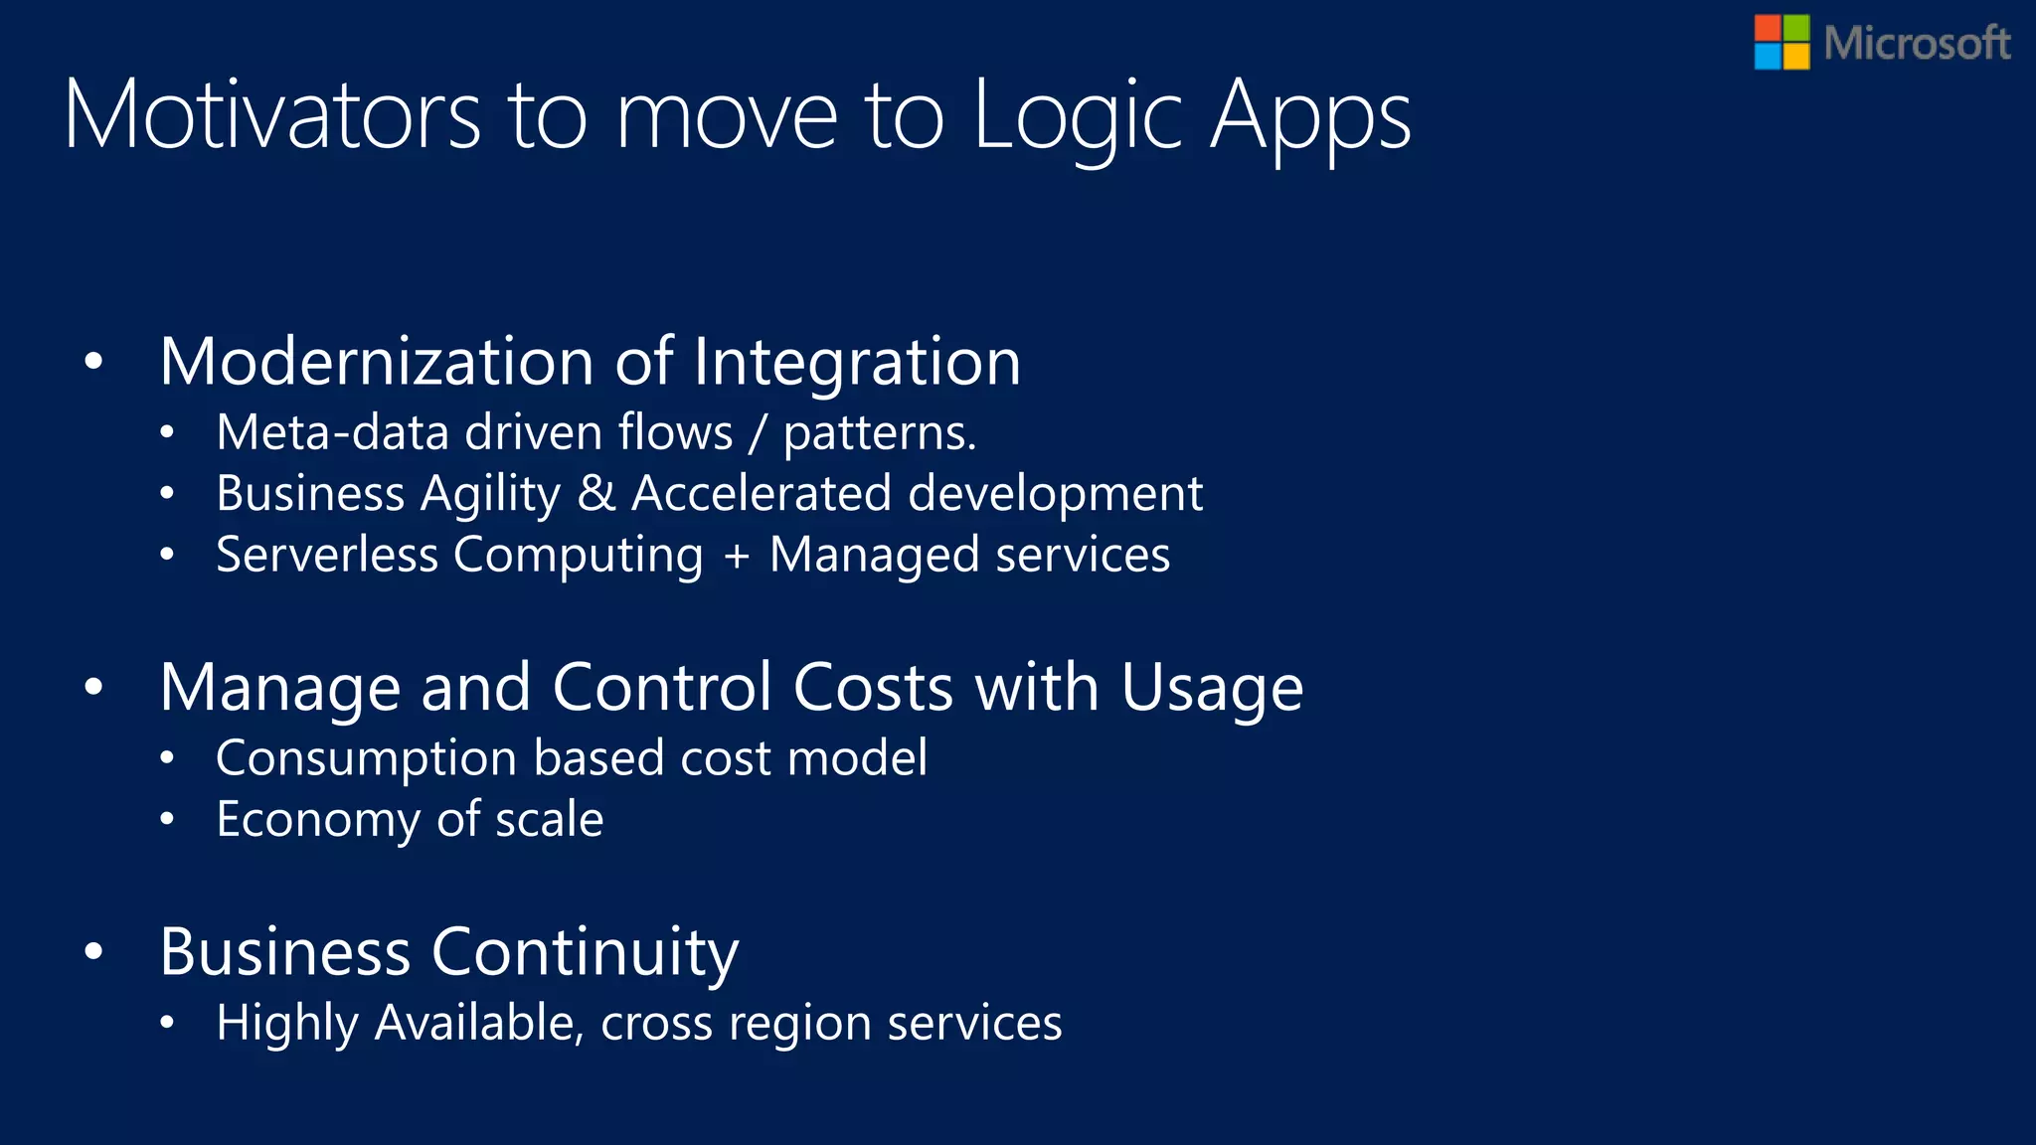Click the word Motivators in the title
coord(272,116)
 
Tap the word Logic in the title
coord(1078,116)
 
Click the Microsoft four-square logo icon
coord(1781,42)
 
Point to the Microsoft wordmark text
coord(1917,44)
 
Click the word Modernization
coord(377,361)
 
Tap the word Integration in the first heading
coord(857,361)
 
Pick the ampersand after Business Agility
coord(596,494)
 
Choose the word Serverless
coord(327,555)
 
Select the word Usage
coord(1212,689)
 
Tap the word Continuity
coord(586,952)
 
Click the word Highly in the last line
coord(286,1024)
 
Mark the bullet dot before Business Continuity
coord(93,952)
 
